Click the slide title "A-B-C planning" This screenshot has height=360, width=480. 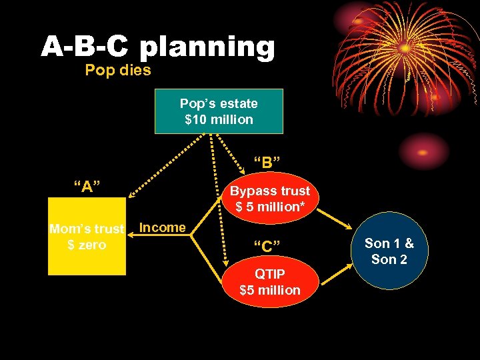point(158,47)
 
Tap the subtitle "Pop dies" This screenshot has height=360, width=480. point(118,69)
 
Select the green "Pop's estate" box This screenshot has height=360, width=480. point(219,111)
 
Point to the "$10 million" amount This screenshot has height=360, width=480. point(219,120)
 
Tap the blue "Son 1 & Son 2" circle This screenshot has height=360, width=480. point(389,251)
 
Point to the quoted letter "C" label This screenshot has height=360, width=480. point(266,247)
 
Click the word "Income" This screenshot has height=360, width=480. point(163,227)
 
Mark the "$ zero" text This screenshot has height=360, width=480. point(87,245)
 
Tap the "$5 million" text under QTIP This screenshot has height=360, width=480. point(270,290)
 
